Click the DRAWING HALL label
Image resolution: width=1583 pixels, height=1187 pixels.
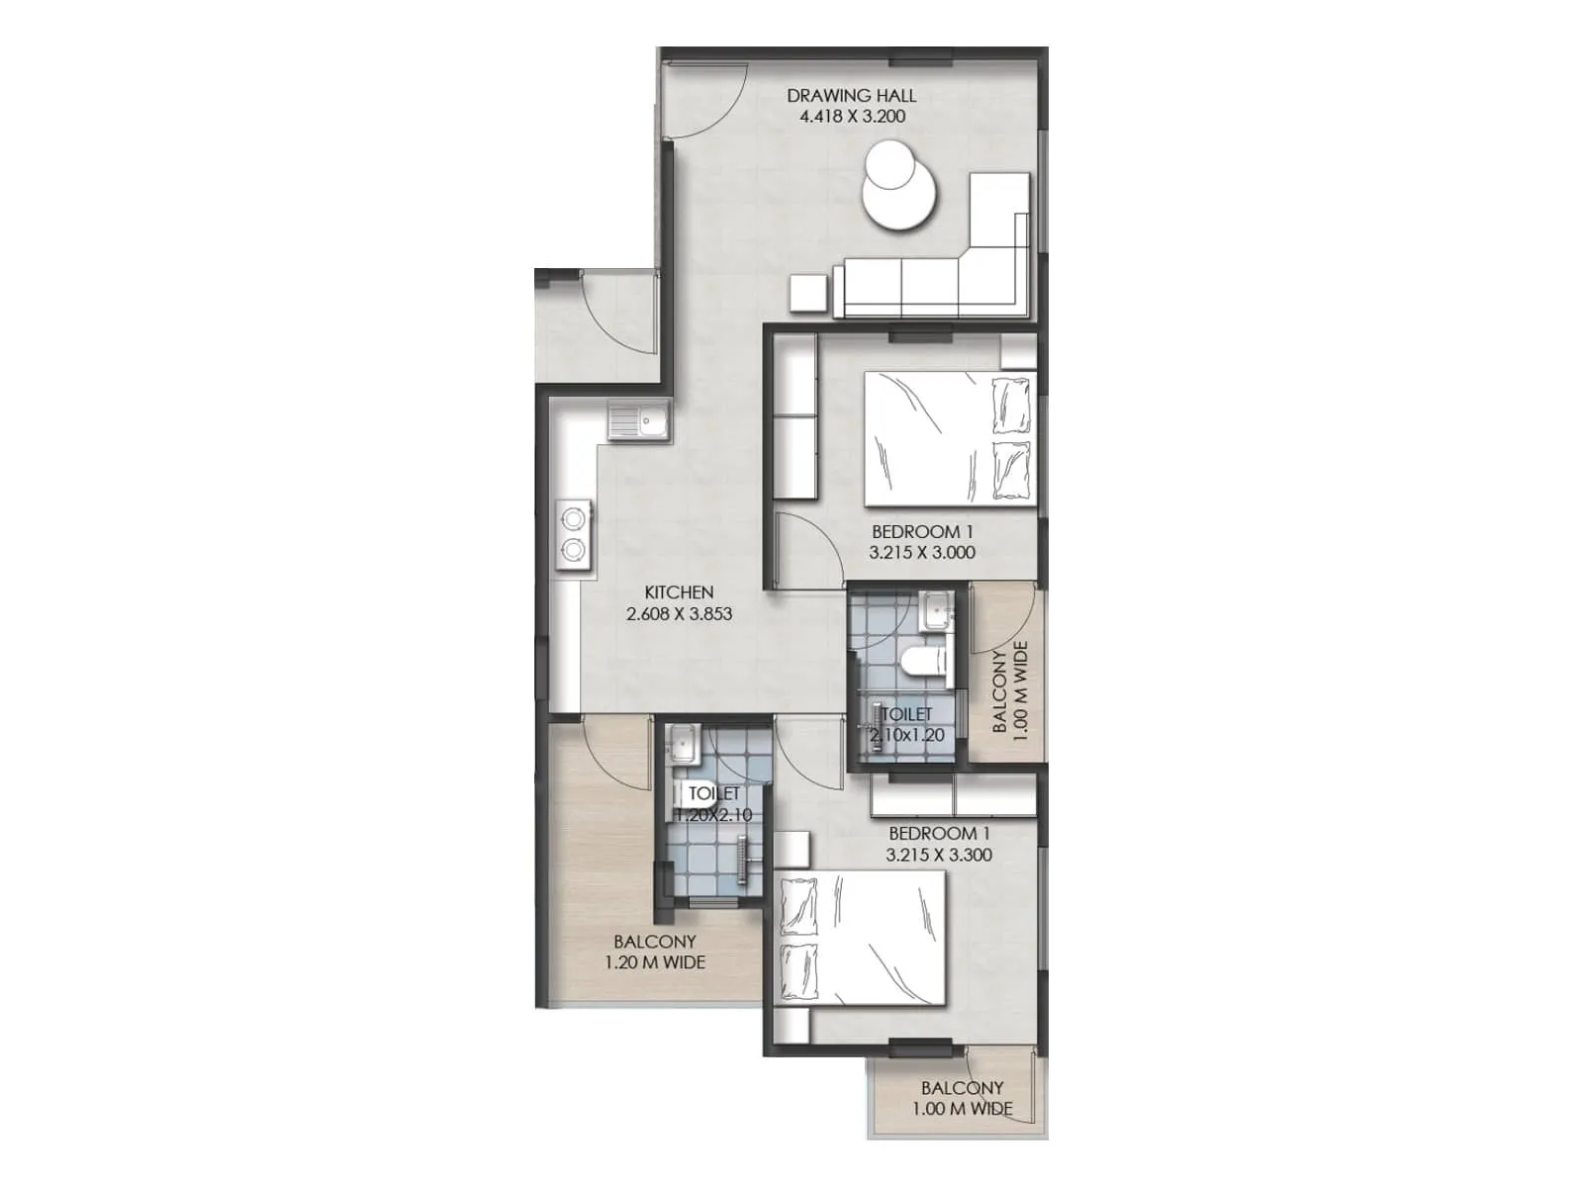(851, 96)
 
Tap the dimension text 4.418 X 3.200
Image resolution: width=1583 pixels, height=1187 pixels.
(851, 117)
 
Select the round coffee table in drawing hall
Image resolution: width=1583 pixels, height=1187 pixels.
(898, 194)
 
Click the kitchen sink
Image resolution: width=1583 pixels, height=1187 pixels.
(639, 423)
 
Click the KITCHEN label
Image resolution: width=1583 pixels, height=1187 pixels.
(679, 593)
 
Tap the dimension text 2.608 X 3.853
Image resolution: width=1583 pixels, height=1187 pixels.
(679, 614)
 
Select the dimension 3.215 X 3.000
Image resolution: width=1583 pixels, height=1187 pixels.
(921, 553)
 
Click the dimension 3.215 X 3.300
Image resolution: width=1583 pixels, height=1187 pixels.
(938, 856)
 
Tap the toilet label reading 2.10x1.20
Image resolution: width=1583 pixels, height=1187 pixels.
(906, 735)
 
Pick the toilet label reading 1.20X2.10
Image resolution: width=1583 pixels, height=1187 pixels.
(713, 815)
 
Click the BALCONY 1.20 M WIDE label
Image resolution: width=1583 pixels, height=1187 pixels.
(654, 953)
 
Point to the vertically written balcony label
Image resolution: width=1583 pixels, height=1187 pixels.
(1010, 686)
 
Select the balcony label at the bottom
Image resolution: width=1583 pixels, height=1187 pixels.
(962, 1098)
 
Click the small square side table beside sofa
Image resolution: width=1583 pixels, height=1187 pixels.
(808, 293)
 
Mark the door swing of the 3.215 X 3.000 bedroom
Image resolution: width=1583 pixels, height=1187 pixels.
(806, 549)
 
